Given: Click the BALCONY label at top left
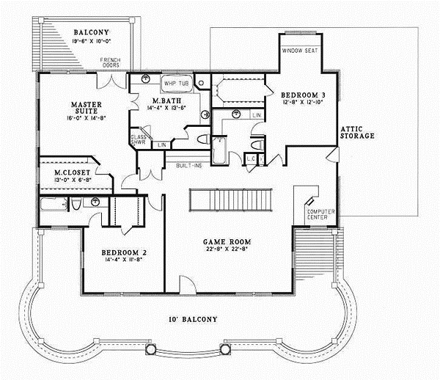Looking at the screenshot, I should click(90, 32).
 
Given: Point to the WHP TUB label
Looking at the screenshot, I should click(175, 84).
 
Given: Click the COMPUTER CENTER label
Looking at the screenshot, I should click(320, 214).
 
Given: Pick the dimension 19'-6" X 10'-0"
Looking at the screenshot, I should click(90, 42).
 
